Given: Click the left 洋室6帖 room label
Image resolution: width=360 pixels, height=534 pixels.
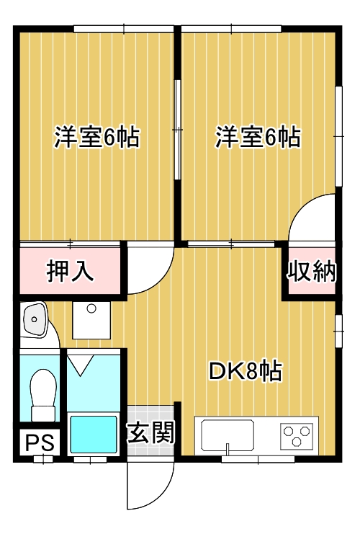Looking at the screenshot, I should click(x=96, y=137).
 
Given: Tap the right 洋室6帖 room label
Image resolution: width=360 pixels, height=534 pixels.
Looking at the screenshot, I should click(x=258, y=137).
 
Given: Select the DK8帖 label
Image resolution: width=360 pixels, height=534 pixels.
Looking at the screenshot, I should click(x=245, y=372).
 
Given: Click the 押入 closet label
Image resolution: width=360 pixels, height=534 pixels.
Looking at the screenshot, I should click(x=70, y=271).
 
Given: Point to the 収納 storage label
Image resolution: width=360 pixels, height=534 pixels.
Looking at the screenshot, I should click(x=312, y=271).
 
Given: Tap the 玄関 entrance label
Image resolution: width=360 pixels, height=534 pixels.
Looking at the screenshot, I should click(x=151, y=432).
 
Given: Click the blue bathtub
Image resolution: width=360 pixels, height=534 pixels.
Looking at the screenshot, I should click(x=93, y=434).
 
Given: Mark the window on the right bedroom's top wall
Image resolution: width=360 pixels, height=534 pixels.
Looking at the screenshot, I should click(x=230, y=29).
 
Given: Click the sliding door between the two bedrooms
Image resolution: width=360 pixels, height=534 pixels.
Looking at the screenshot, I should click(x=178, y=130).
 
